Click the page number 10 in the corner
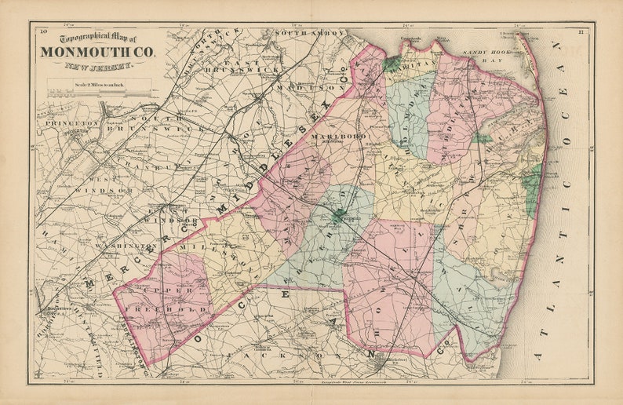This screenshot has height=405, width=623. click(x=43, y=31)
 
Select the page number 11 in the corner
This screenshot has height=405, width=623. click(x=580, y=31)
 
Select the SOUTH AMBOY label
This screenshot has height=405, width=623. click(x=309, y=34)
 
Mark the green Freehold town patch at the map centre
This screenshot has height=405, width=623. click(x=339, y=213)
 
